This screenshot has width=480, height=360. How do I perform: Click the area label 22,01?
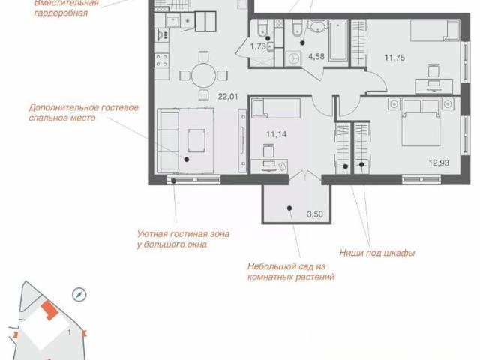pos(228,97)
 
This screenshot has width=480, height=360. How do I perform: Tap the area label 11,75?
pos(394,58)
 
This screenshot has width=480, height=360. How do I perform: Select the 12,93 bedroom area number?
pos(439,163)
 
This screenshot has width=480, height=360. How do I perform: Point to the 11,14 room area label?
pos(276,134)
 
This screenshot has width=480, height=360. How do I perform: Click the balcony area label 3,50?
pos(315,214)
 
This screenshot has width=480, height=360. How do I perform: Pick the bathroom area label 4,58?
pos(316,56)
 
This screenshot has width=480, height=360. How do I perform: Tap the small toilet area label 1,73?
pos(258,46)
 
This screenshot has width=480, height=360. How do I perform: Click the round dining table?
pos(204,75)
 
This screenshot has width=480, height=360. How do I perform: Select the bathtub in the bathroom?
pos(338,40)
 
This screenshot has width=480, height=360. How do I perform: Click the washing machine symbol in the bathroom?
pos(293,58)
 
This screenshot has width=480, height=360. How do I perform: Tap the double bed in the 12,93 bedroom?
pos(421,121)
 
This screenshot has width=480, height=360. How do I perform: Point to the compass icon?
pos(79,295)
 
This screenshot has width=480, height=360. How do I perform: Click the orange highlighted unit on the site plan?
pos(49,310)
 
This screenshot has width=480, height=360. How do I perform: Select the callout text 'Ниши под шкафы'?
pos(377,253)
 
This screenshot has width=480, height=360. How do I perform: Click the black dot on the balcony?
pos(289,208)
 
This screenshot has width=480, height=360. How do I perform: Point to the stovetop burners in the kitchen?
pos(161,60)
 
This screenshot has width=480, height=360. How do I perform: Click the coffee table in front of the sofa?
pos(196,140)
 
